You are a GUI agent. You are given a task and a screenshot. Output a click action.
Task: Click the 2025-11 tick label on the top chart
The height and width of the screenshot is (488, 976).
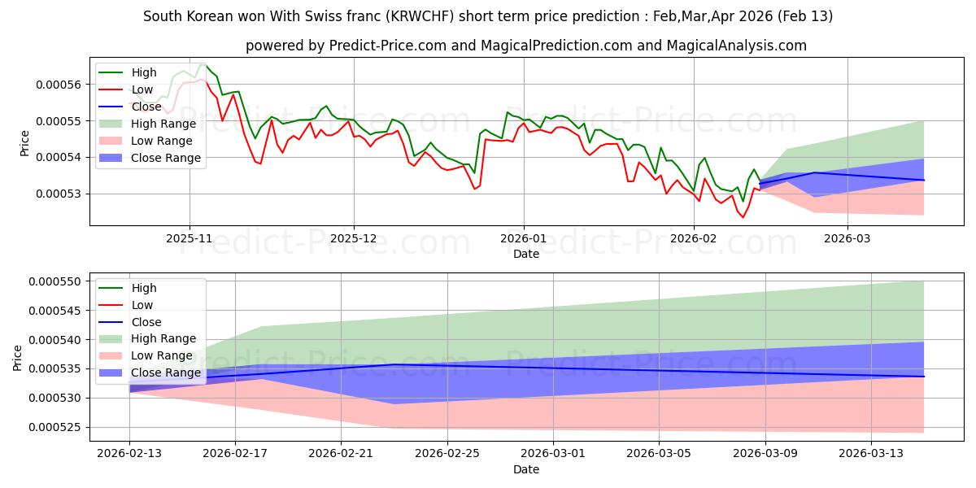[190, 237]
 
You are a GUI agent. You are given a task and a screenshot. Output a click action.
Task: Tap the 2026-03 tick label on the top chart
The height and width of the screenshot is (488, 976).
[847, 237]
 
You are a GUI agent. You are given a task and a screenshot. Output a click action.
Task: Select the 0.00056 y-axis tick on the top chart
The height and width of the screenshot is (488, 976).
[62, 85]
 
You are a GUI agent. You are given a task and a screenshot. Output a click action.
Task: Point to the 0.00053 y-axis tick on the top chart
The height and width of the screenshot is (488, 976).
[62, 194]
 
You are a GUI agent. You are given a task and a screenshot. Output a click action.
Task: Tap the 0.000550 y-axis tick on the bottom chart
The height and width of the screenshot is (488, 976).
[59, 281]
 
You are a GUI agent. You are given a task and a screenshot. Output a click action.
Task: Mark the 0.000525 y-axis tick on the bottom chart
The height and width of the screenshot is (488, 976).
[59, 427]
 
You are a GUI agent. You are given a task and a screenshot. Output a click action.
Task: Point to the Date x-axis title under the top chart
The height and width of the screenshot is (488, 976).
[526, 254]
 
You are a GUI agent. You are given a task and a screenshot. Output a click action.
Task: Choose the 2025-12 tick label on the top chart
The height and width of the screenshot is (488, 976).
[354, 237]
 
